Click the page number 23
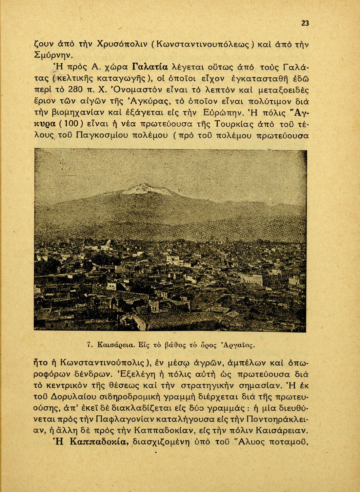coord(305,23)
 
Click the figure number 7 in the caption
coord(89,345)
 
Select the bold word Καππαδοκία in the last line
coord(99,441)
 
